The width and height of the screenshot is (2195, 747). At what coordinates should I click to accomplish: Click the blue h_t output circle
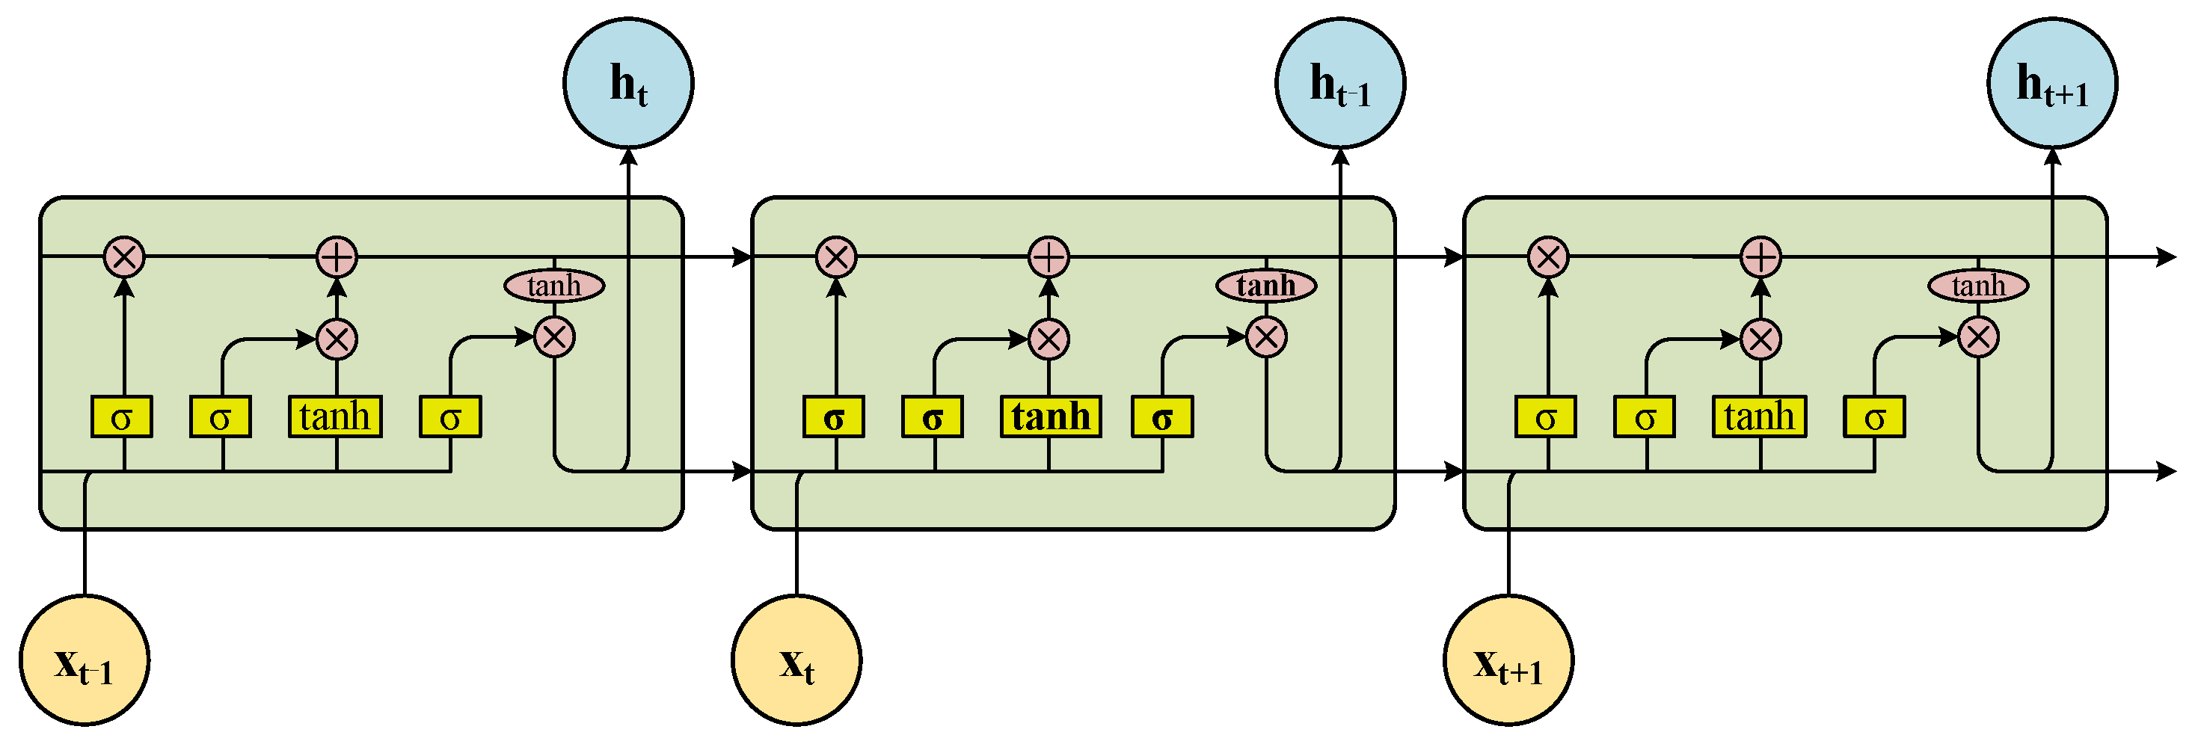(629, 82)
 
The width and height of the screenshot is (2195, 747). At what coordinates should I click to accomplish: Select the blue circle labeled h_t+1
(2052, 82)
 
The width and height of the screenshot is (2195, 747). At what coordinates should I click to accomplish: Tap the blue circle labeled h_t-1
(1340, 82)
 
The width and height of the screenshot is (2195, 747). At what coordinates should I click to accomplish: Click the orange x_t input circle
(796, 660)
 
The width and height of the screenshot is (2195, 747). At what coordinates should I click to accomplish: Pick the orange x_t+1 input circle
(1508, 660)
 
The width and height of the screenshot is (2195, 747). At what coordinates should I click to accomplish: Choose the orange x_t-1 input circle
(85, 660)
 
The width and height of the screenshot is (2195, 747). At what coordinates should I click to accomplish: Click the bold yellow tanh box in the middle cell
(1051, 416)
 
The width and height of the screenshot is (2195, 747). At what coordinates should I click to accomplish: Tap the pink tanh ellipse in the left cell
(555, 286)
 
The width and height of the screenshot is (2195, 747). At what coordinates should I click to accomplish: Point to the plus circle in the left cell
(337, 256)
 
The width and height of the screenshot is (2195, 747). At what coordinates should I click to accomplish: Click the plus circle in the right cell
(1761, 256)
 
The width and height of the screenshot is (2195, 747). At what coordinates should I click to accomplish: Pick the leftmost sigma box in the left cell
(122, 416)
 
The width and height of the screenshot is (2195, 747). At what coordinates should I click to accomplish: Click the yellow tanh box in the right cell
(1760, 416)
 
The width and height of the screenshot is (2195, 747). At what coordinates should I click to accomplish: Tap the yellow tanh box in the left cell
(335, 416)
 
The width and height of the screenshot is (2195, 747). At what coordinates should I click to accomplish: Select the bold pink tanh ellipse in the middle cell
(1266, 286)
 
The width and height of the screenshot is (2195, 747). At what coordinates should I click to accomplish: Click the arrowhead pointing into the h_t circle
(629, 156)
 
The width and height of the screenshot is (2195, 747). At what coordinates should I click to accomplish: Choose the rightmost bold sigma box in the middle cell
(1162, 416)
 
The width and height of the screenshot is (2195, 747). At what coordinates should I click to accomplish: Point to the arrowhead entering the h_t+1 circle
(2052, 156)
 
